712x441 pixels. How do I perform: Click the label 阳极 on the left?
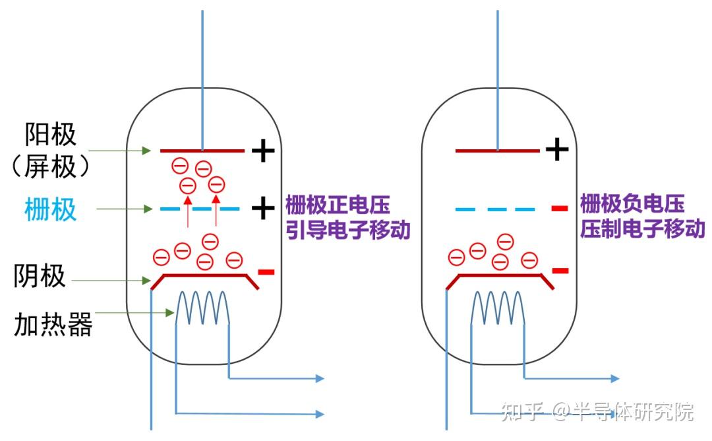coord(50,135)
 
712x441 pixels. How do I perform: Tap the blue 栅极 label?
coord(50,210)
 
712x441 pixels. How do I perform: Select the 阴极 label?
coord(40,276)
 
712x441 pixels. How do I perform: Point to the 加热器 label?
coord(53,325)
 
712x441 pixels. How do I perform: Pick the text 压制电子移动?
coord(643,229)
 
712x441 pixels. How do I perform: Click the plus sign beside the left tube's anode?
coord(263,151)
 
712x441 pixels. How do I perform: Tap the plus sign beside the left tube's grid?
coord(263,209)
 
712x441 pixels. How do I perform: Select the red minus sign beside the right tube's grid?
coord(559,209)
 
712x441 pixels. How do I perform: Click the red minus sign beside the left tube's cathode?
coord(266,271)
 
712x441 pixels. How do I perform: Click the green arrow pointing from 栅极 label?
coord(125,209)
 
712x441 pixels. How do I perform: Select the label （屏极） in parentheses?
coord(50,167)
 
